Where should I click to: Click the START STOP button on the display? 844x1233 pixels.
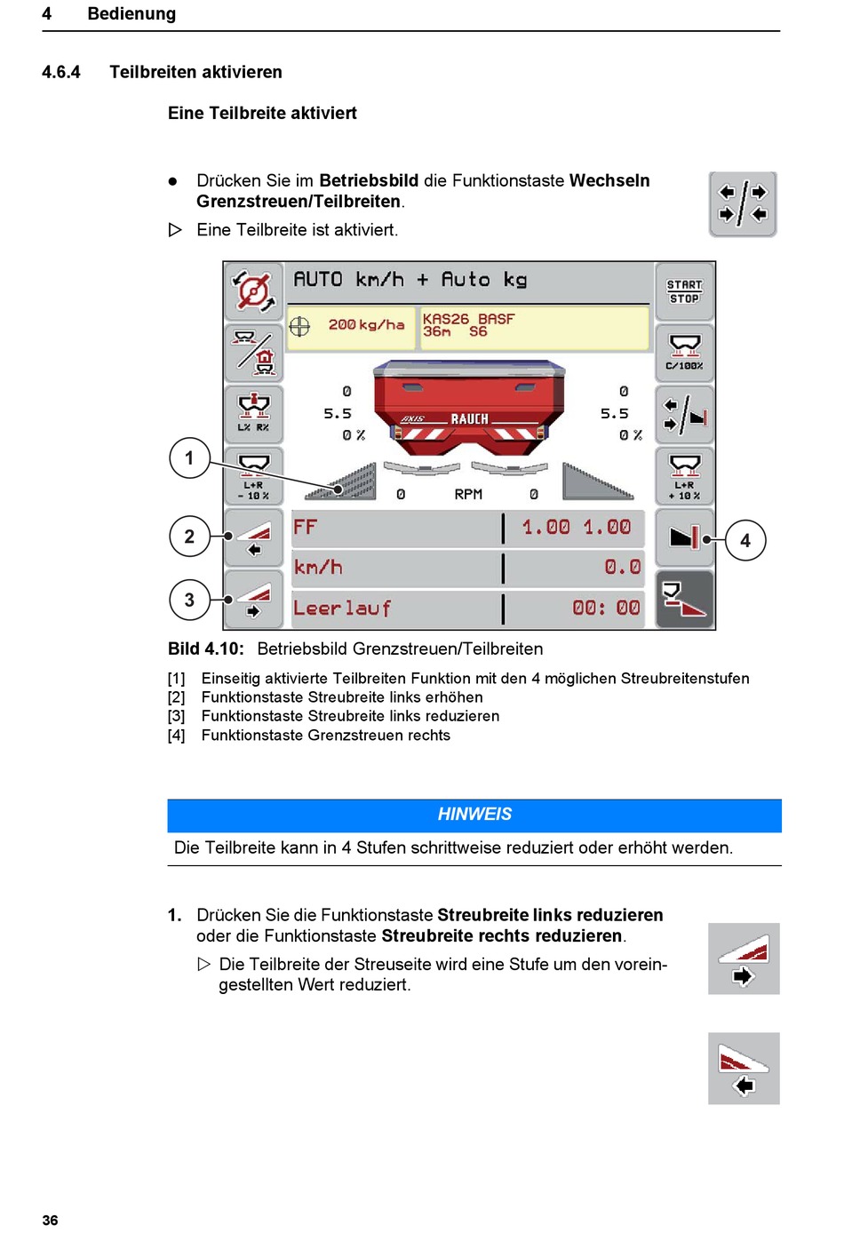684,291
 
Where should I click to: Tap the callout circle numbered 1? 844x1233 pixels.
189,458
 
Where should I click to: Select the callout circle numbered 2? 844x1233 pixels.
189,537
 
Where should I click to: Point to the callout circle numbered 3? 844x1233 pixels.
189,601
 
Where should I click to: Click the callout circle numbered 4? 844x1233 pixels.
745,540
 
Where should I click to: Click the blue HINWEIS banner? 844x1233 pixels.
474,815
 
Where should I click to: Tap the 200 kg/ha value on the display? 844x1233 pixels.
366,325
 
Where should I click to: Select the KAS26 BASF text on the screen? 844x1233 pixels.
468,319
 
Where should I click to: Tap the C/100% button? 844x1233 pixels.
684,353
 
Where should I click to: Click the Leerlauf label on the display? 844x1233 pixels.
342,609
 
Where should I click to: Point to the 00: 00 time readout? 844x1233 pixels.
606,609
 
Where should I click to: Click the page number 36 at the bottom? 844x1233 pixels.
51,1221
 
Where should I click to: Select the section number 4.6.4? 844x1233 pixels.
61,72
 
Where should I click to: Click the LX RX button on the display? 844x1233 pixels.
254,414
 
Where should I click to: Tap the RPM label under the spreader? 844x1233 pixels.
468,494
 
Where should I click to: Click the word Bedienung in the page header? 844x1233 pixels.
131,14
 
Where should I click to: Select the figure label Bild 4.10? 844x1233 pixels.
205,649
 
